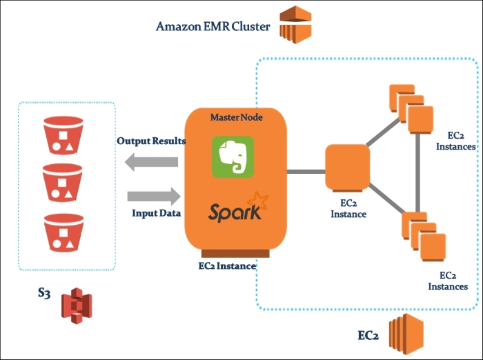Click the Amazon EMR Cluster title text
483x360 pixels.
[x=213, y=27]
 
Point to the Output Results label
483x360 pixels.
[x=150, y=141]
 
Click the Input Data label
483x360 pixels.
[x=156, y=213]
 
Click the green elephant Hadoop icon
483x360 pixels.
[x=232, y=157]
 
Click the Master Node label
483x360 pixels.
[x=236, y=117]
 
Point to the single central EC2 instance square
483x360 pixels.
[x=346, y=166]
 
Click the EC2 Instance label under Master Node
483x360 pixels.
[x=227, y=266]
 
